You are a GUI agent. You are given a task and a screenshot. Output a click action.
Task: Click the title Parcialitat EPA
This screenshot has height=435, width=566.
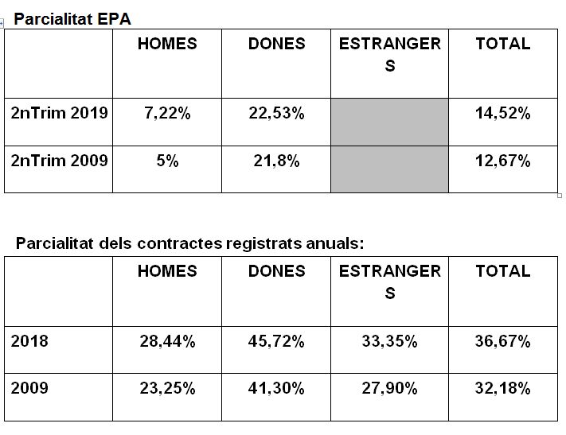tap(72, 19)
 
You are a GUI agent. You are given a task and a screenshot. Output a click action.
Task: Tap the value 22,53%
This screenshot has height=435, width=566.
tap(276, 113)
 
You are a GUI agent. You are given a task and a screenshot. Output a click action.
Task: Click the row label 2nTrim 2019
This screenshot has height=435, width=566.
tap(59, 113)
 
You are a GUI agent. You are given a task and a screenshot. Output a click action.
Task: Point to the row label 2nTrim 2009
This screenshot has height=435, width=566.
tap(59, 161)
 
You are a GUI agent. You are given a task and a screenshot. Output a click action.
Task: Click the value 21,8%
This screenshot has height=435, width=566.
tap(276, 161)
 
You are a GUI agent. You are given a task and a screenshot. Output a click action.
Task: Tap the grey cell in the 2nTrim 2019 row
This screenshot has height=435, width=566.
tap(389, 122)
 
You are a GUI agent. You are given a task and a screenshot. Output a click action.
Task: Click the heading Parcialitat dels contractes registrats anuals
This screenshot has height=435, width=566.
tap(190, 243)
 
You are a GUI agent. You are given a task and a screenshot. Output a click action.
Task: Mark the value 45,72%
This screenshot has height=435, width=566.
tap(276, 341)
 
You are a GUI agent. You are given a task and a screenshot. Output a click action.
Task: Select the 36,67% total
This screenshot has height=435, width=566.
tap(503, 341)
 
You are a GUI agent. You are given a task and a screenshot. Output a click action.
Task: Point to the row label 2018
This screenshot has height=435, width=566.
tap(29, 341)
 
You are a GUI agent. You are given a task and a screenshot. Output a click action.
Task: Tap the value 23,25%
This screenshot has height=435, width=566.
tap(167, 388)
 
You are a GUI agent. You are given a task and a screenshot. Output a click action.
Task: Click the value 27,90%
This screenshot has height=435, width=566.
tap(389, 388)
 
